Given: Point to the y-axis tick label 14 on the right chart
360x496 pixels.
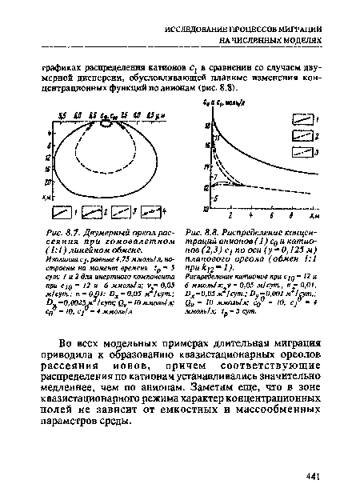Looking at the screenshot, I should pos(206,167).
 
